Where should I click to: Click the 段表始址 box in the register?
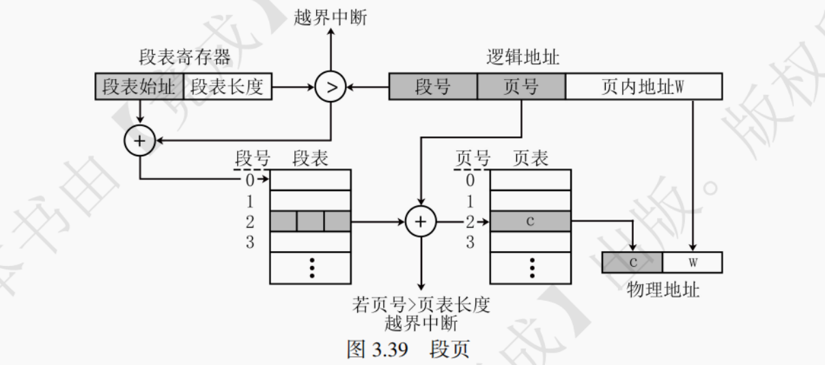[x=139, y=87]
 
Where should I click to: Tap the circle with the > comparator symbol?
[x=331, y=87]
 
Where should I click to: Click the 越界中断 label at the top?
[x=331, y=17]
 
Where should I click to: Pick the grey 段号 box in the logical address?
[x=433, y=87]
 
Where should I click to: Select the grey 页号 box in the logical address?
[x=521, y=87]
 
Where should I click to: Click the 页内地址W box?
[x=643, y=87]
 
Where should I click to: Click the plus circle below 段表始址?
[x=139, y=141]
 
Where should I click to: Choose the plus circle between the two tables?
[x=421, y=221]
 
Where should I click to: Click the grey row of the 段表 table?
[x=310, y=221]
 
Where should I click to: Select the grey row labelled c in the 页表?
[x=530, y=221]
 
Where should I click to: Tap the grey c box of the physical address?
[x=632, y=263]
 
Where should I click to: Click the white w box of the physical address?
[x=692, y=263]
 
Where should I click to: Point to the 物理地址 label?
[x=662, y=289]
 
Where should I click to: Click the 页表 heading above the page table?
[x=530, y=159]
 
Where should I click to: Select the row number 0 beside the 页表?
[x=470, y=180]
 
